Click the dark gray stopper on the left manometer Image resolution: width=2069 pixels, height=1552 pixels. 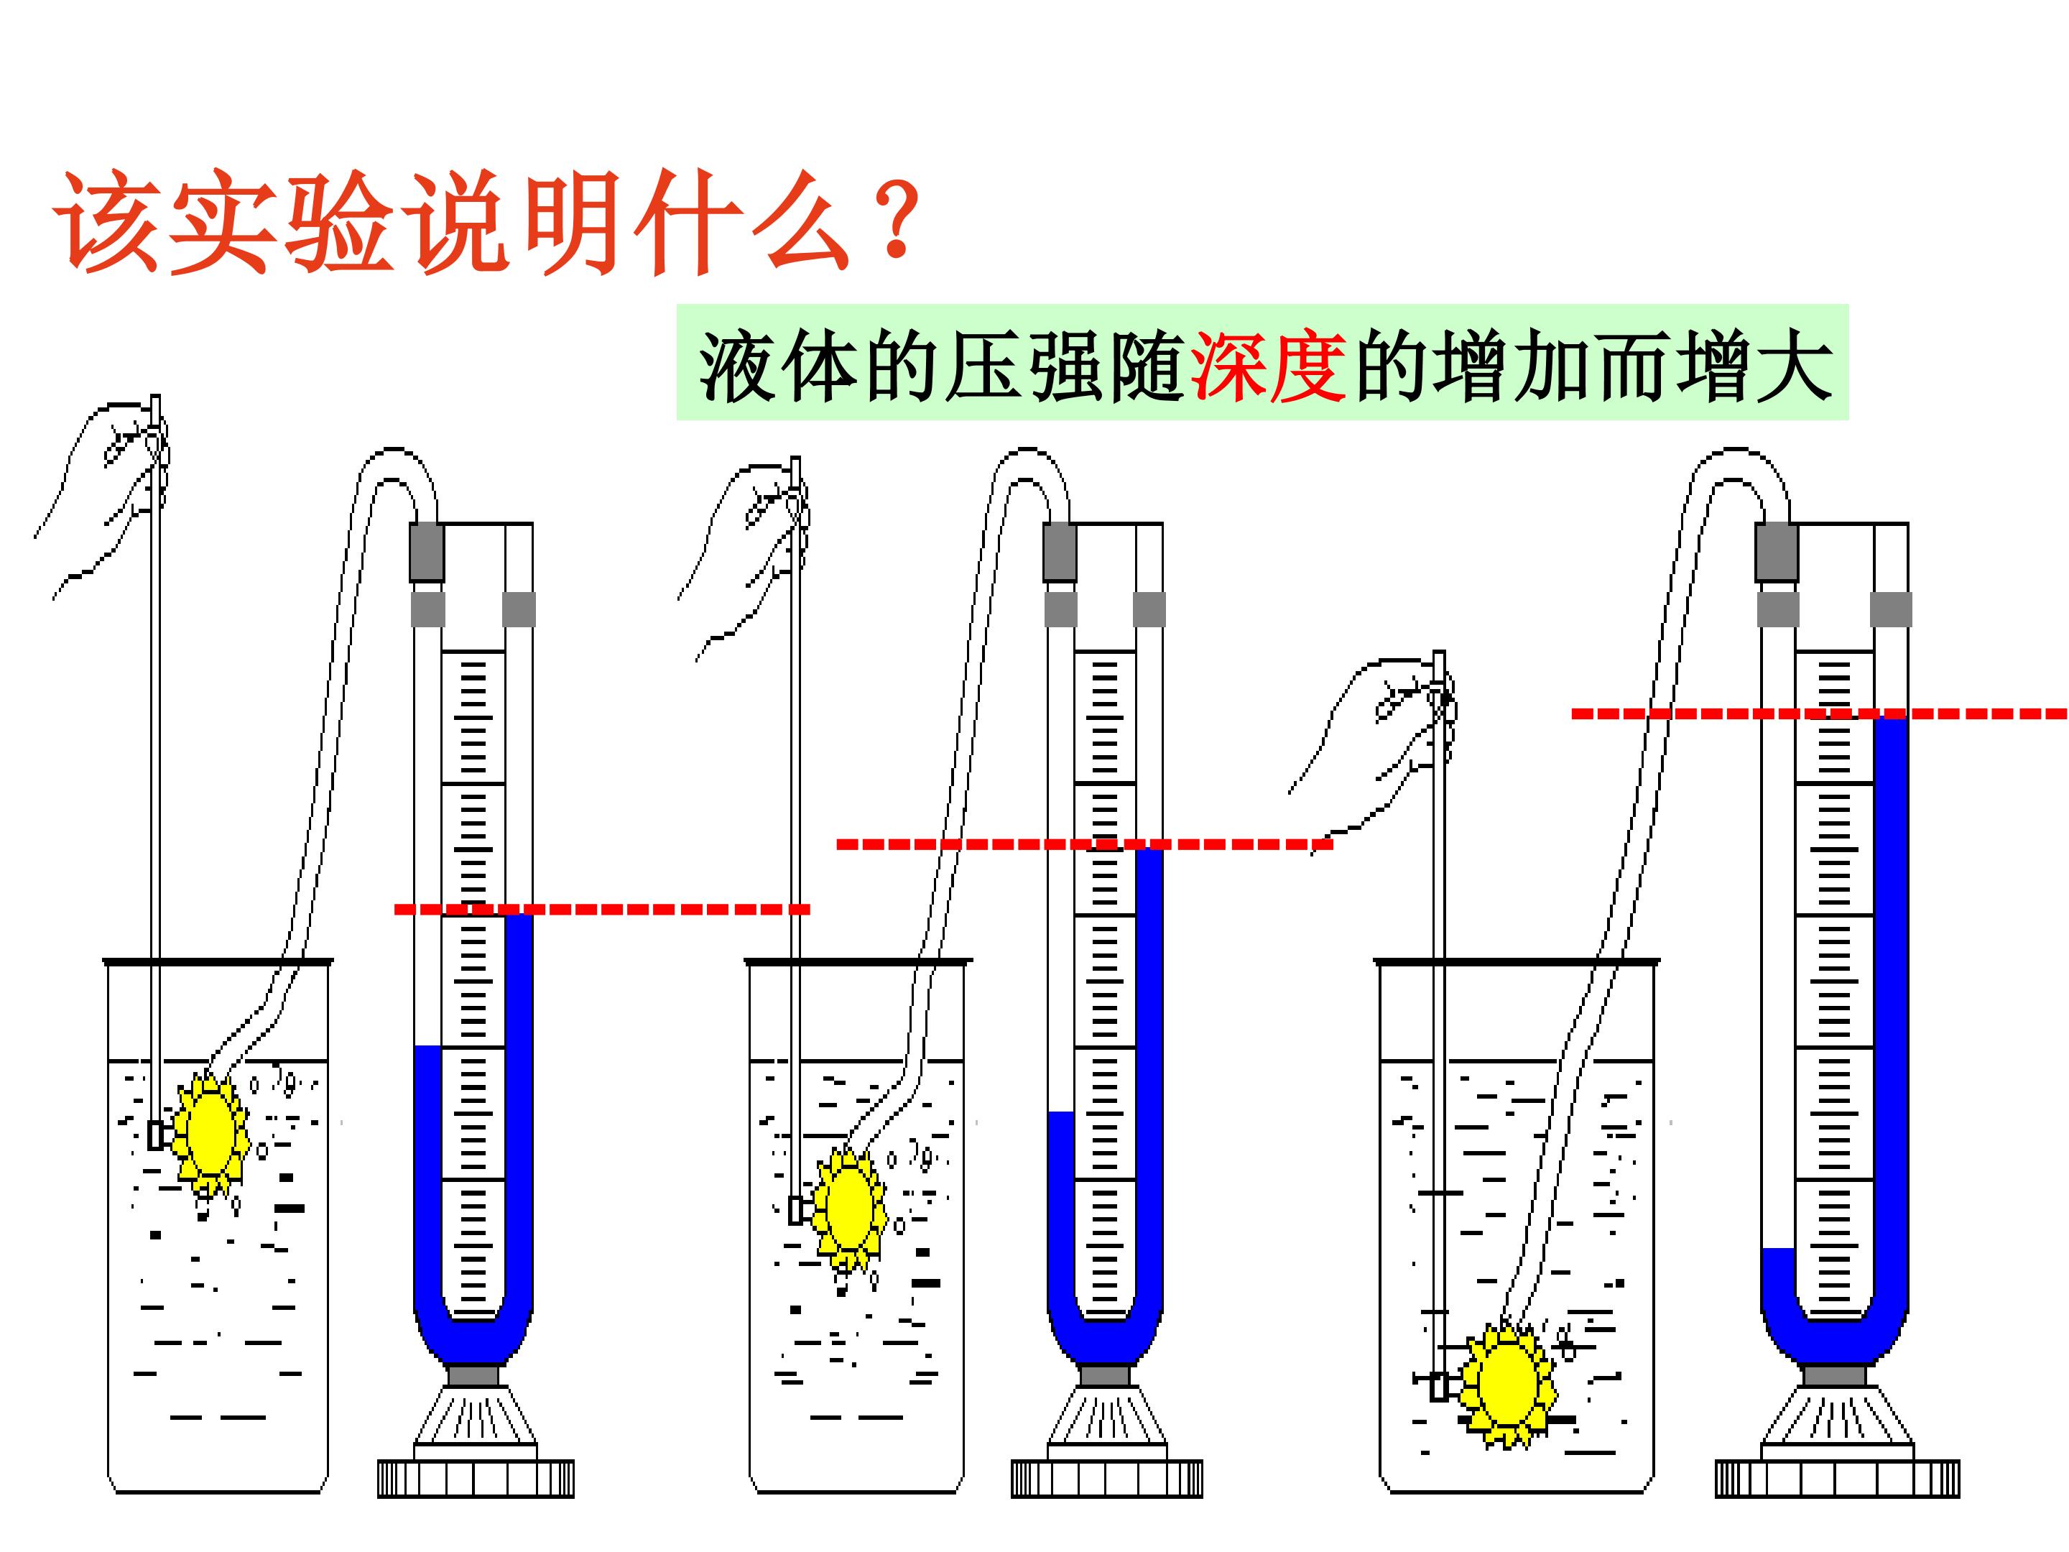point(427,552)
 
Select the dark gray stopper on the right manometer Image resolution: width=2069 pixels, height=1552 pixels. point(1776,552)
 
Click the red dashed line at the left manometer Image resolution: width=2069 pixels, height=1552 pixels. point(602,908)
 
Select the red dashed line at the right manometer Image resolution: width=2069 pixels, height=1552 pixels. point(1819,713)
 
